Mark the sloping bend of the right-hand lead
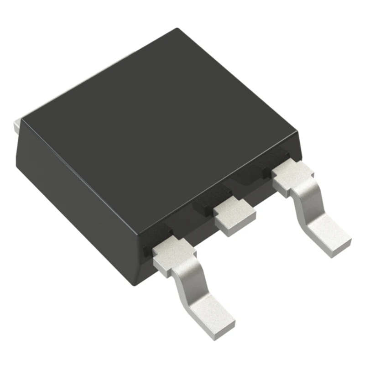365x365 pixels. [x=307, y=205]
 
